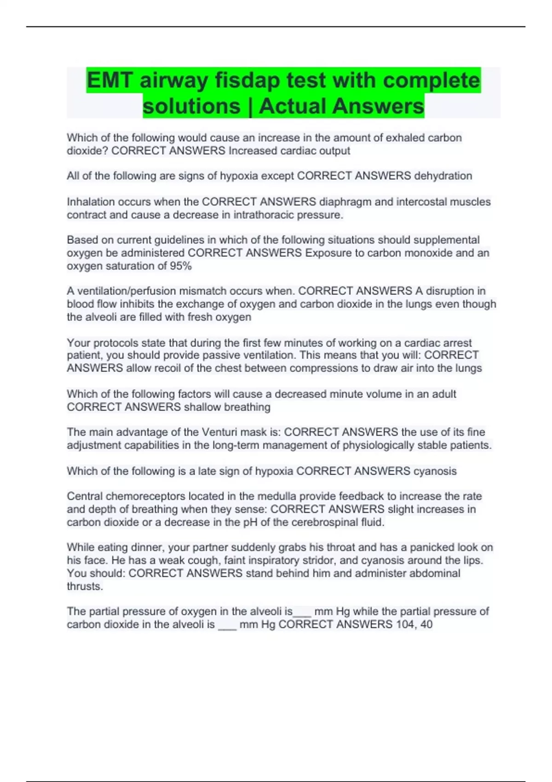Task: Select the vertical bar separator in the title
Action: coord(250,106)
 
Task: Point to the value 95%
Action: coord(180,266)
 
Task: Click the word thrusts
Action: coord(85,586)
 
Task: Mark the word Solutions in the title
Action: coord(191,106)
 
